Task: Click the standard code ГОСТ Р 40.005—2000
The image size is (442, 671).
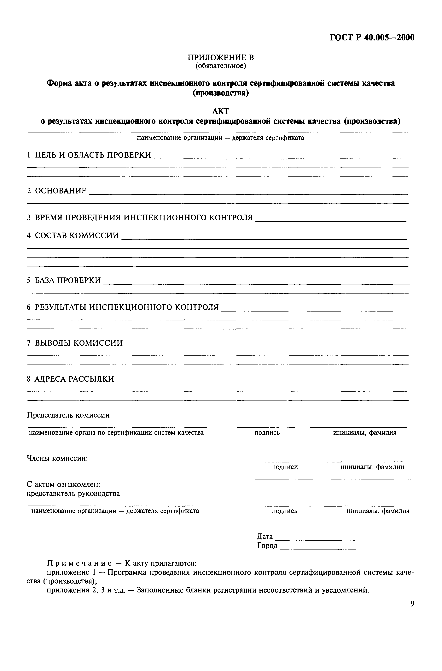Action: coord(372,38)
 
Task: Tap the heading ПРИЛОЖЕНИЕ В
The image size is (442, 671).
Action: coord(221,57)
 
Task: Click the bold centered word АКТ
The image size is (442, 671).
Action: coord(221,112)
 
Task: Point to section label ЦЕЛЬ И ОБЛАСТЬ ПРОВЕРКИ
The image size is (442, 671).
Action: coord(93,155)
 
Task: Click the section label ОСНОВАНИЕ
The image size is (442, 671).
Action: coord(61,191)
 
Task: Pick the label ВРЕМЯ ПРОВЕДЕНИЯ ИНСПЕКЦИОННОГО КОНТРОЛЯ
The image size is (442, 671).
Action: coord(144,218)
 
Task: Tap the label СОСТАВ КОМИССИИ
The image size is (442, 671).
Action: coord(77,235)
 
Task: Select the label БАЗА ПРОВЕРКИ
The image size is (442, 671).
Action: coord(68,280)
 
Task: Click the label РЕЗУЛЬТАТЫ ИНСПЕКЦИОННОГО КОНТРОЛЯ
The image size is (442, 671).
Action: coord(127,307)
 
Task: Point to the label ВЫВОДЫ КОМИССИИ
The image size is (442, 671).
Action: coord(79,343)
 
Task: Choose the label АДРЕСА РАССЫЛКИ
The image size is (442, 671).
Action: coord(74,379)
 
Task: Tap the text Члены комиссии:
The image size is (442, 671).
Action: coord(57,458)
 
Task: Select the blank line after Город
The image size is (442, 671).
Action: coord(318,549)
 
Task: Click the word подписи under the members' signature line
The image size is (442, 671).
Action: coord(285,467)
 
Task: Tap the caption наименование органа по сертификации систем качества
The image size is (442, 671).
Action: coord(116,433)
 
